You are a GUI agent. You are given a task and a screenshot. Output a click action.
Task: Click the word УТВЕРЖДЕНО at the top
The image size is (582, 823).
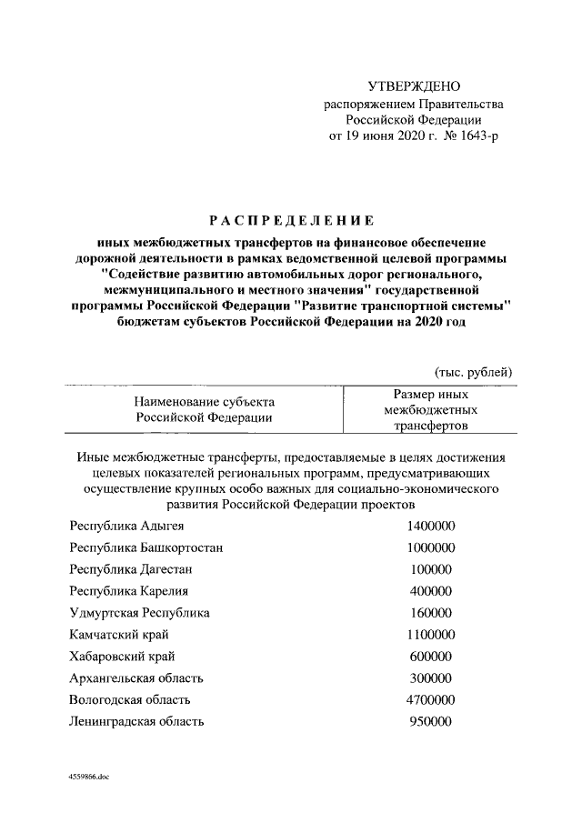click(x=414, y=86)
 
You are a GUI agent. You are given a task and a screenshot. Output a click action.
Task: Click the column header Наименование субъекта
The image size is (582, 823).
click(x=205, y=401)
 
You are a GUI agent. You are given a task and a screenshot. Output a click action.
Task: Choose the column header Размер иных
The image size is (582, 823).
click(x=430, y=395)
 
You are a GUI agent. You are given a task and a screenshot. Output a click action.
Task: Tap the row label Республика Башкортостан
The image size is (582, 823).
click(x=146, y=548)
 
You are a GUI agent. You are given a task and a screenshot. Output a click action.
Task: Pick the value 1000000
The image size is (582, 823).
click(x=430, y=548)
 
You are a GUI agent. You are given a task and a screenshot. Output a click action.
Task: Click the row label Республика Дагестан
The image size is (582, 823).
click(x=131, y=569)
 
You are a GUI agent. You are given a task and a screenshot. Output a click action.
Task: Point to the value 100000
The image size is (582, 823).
click(x=430, y=569)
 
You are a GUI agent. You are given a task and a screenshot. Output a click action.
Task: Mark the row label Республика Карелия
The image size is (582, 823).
click(x=128, y=591)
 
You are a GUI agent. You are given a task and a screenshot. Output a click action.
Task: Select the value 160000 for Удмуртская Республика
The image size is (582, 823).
click(x=430, y=612)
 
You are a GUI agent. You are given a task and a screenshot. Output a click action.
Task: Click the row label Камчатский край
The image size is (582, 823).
click(x=119, y=634)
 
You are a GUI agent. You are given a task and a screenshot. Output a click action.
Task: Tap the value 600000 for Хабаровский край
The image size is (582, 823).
click(x=430, y=656)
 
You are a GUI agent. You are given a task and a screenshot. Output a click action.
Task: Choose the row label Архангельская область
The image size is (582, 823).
click(x=136, y=677)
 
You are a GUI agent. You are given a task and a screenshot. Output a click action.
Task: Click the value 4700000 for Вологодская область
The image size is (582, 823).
click(x=430, y=699)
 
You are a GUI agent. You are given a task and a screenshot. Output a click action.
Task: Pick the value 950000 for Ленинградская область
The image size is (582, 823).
click(x=430, y=721)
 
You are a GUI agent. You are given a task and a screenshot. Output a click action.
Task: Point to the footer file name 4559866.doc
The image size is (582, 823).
click(x=88, y=778)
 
